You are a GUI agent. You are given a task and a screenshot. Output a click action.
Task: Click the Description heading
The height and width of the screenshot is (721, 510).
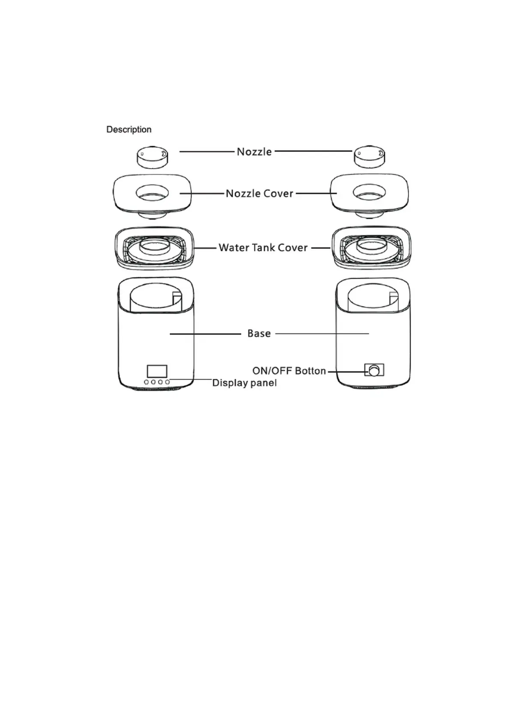[x=128, y=129]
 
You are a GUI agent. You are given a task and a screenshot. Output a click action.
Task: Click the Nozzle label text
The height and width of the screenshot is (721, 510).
[x=254, y=152]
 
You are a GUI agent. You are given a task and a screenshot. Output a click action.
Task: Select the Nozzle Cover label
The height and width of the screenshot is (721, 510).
[x=259, y=194]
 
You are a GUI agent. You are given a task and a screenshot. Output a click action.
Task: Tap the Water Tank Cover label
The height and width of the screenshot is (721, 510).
[x=263, y=247]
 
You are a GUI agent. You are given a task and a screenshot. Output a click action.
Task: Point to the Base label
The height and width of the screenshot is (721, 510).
[x=259, y=334]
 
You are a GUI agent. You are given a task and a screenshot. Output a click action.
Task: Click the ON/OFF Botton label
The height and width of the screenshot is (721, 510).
[x=289, y=371]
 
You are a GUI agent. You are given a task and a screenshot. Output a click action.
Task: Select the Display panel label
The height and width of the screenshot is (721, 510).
[x=244, y=383]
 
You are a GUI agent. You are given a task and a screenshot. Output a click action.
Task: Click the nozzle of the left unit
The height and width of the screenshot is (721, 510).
[x=152, y=157]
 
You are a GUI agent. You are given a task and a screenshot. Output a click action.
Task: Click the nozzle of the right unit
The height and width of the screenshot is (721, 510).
[x=369, y=157]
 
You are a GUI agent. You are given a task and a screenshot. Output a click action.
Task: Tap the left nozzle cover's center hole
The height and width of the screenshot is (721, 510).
[x=152, y=193]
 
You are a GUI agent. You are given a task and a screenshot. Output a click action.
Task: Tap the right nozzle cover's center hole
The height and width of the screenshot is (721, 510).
[x=369, y=193]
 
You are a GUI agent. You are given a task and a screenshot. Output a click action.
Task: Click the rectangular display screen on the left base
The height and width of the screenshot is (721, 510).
[x=157, y=371]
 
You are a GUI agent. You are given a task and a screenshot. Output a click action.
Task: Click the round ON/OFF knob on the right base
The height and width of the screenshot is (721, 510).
[x=374, y=370]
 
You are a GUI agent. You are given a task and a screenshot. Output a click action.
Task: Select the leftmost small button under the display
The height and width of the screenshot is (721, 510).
[x=146, y=382]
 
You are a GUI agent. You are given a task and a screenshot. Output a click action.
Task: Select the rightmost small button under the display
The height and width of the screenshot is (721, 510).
[x=167, y=382]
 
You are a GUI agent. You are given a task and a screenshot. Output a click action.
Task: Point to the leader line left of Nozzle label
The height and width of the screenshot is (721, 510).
[x=207, y=152]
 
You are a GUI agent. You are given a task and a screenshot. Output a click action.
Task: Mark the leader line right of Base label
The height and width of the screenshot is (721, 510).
[x=322, y=334]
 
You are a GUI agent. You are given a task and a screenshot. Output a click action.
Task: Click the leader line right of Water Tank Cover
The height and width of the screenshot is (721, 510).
[x=321, y=247]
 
